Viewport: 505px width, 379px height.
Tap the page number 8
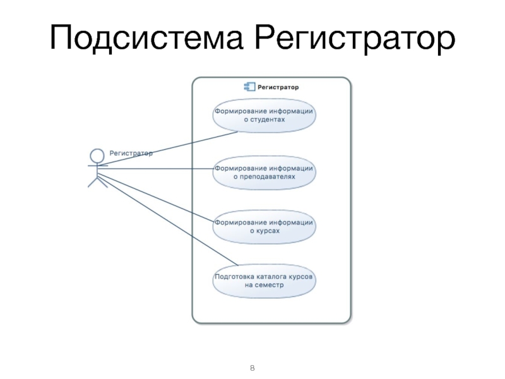pyautogui.click(x=252, y=368)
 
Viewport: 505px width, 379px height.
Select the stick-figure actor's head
pyautogui.click(x=97, y=154)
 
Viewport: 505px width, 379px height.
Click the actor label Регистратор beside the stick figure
pyautogui.click(x=131, y=152)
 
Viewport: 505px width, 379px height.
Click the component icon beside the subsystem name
pyautogui.click(x=248, y=87)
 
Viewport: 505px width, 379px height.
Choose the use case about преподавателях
pyautogui.click(x=264, y=172)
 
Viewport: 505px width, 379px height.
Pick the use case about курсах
pyautogui.click(x=264, y=227)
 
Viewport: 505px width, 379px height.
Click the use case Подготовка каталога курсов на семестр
pyautogui.click(x=264, y=280)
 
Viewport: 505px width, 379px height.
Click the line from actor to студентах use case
pyautogui.click(x=170, y=149)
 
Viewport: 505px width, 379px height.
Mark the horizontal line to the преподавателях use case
pyautogui.click(x=158, y=169)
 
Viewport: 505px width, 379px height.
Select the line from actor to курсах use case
pyautogui.click(x=158, y=196)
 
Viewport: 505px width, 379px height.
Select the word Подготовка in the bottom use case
pyautogui.click(x=234, y=277)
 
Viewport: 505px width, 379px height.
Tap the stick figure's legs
pyautogui.click(x=97, y=183)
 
